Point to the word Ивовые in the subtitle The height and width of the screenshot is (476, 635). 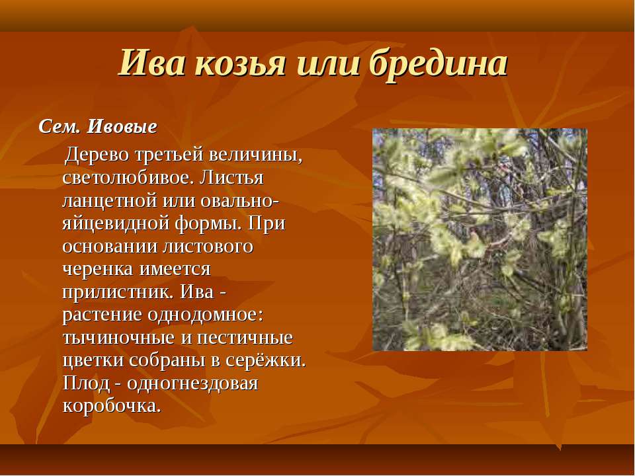pos(122,127)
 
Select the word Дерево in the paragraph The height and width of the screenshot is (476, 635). pos(96,154)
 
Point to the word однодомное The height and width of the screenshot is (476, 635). pos(205,315)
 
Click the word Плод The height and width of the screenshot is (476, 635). pos(86,383)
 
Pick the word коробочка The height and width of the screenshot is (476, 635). pos(112,406)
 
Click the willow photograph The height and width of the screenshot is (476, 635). pos(480,239)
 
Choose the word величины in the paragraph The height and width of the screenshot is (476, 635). pos(263,155)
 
